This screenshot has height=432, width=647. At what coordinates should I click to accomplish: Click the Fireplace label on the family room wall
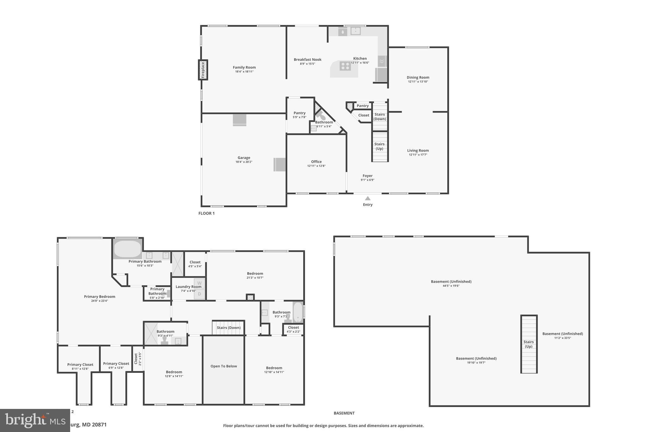(x=203, y=70)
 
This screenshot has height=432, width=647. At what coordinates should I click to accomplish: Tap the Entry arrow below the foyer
(x=367, y=198)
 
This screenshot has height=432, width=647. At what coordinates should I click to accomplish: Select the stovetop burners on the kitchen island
(x=345, y=66)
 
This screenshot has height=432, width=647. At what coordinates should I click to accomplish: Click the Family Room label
(x=244, y=67)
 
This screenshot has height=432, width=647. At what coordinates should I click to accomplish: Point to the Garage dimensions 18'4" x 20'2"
(x=244, y=162)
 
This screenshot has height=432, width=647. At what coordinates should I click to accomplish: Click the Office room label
(x=316, y=162)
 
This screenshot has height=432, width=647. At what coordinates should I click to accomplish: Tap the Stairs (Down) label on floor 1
(x=379, y=116)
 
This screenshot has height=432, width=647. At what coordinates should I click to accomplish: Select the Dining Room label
(x=418, y=78)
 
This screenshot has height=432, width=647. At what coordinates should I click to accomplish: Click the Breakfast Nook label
(x=307, y=59)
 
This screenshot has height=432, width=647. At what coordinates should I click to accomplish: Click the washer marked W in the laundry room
(x=199, y=283)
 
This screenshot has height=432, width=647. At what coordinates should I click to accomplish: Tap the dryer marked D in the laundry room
(x=199, y=294)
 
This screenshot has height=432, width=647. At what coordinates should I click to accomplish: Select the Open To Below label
(x=224, y=366)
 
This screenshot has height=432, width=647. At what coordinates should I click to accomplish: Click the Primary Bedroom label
(x=100, y=297)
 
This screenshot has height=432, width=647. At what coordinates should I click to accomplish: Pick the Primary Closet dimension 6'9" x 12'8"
(x=116, y=368)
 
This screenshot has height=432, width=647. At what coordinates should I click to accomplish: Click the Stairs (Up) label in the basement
(x=529, y=344)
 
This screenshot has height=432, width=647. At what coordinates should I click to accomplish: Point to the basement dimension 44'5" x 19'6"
(x=451, y=286)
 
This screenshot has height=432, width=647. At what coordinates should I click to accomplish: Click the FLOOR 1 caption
(x=206, y=213)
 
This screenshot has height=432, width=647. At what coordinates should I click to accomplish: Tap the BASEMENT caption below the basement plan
(x=344, y=413)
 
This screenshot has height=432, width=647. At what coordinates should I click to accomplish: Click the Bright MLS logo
(x=35, y=420)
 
